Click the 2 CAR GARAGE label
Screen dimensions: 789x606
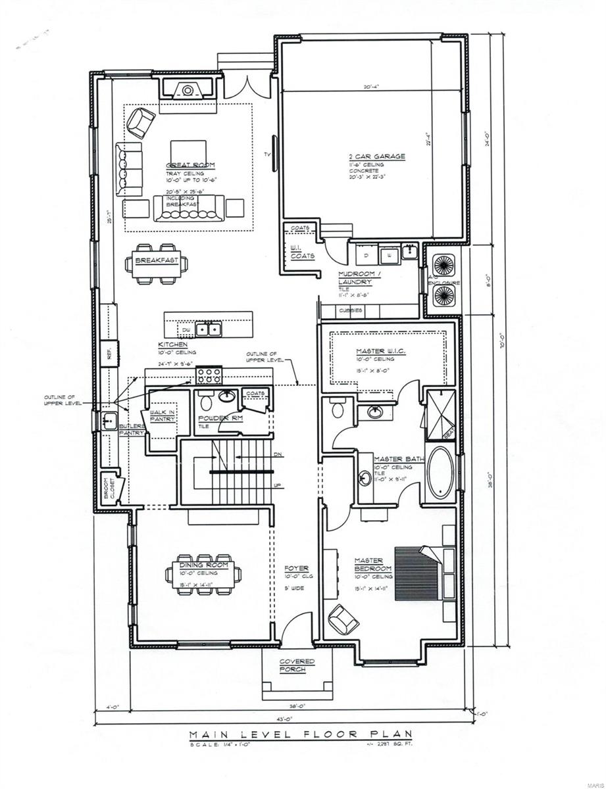coord(376,156)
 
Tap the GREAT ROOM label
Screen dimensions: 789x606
coord(190,165)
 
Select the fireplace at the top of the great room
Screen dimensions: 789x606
coord(188,89)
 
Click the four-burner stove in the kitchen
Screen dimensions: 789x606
coord(209,376)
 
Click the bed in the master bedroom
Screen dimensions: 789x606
coord(422,573)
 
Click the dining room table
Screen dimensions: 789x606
coord(203,577)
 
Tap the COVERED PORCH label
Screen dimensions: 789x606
coord(297,665)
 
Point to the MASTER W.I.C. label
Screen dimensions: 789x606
coord(380,352)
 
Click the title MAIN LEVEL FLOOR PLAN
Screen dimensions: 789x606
coord(300,734)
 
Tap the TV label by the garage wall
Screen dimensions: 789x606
coord(266,155)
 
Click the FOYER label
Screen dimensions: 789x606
coord(296,568)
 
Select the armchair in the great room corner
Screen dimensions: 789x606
coord(141,122)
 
